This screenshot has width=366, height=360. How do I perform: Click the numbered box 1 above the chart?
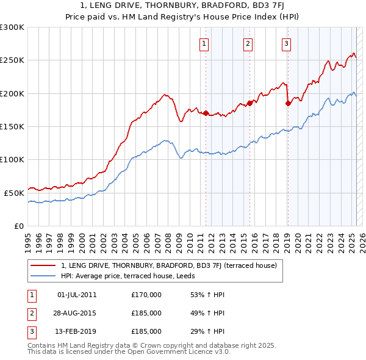203,43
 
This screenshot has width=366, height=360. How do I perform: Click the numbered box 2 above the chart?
248,43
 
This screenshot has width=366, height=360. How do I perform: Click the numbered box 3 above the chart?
286,43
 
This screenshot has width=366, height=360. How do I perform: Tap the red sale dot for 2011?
206,113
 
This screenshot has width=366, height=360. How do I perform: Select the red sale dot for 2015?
249,103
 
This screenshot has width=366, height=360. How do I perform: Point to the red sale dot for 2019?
288,104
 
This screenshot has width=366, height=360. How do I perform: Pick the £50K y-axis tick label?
15,193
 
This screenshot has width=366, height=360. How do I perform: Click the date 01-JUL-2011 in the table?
76,295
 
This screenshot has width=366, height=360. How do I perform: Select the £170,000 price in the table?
146,295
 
